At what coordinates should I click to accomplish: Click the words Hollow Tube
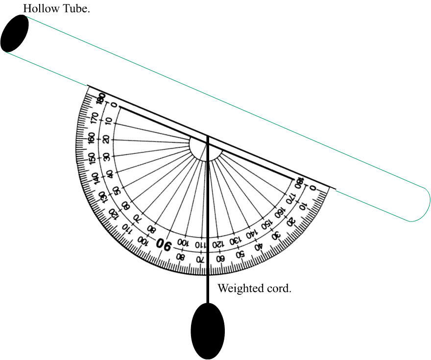pyautogui.click(x=56, y=8)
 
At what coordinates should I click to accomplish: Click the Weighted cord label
pyautogui.click(x=254, y=288)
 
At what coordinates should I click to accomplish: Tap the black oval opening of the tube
pyautogui.click(x=15, y=33)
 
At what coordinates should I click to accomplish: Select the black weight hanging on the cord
pyautogui.click(x=208, y=331)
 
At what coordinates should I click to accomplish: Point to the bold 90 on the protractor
pyautogui.click(x=164, y=243)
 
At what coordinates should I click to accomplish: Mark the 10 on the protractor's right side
pyautogui.click(x=303, y=205)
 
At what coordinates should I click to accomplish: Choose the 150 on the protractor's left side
pyautogui.click(x=92, y=158)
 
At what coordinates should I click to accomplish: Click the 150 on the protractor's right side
pyautogui.click(x=266, y=225)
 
